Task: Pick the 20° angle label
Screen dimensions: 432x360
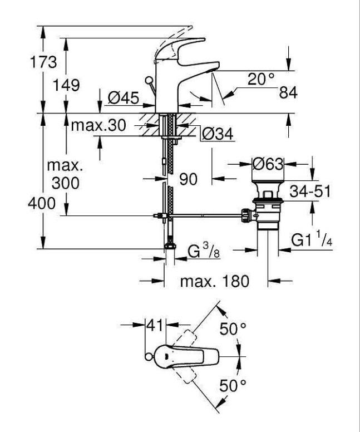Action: coord(262,80)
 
